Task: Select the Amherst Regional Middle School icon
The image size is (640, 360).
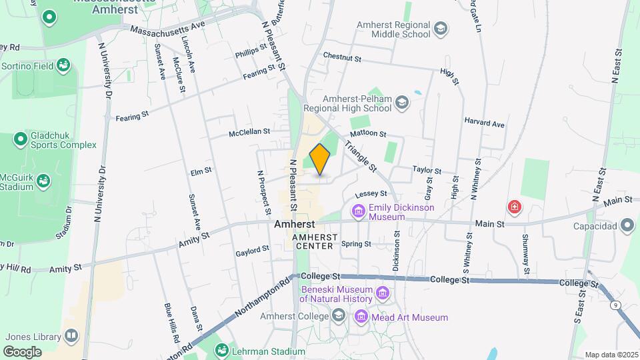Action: click(x=440, y=29)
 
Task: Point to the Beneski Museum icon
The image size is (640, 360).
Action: click(x=383, y=293)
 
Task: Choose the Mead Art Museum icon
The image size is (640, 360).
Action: click(x=361, y=317)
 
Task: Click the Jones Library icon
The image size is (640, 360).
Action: click(x=71, y=335)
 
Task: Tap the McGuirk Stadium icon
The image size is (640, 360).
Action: click(x=43, y=181)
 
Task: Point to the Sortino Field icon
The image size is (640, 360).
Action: click(x=63, y=65)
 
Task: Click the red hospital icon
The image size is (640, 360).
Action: click(x=514, y=207)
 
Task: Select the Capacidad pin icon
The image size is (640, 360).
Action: click(x=627, y=225)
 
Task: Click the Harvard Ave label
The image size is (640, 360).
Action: click(x=486, y=124)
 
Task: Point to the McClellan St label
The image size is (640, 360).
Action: click(x=249, y=133)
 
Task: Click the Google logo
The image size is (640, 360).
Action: click(x=23, y=351)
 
